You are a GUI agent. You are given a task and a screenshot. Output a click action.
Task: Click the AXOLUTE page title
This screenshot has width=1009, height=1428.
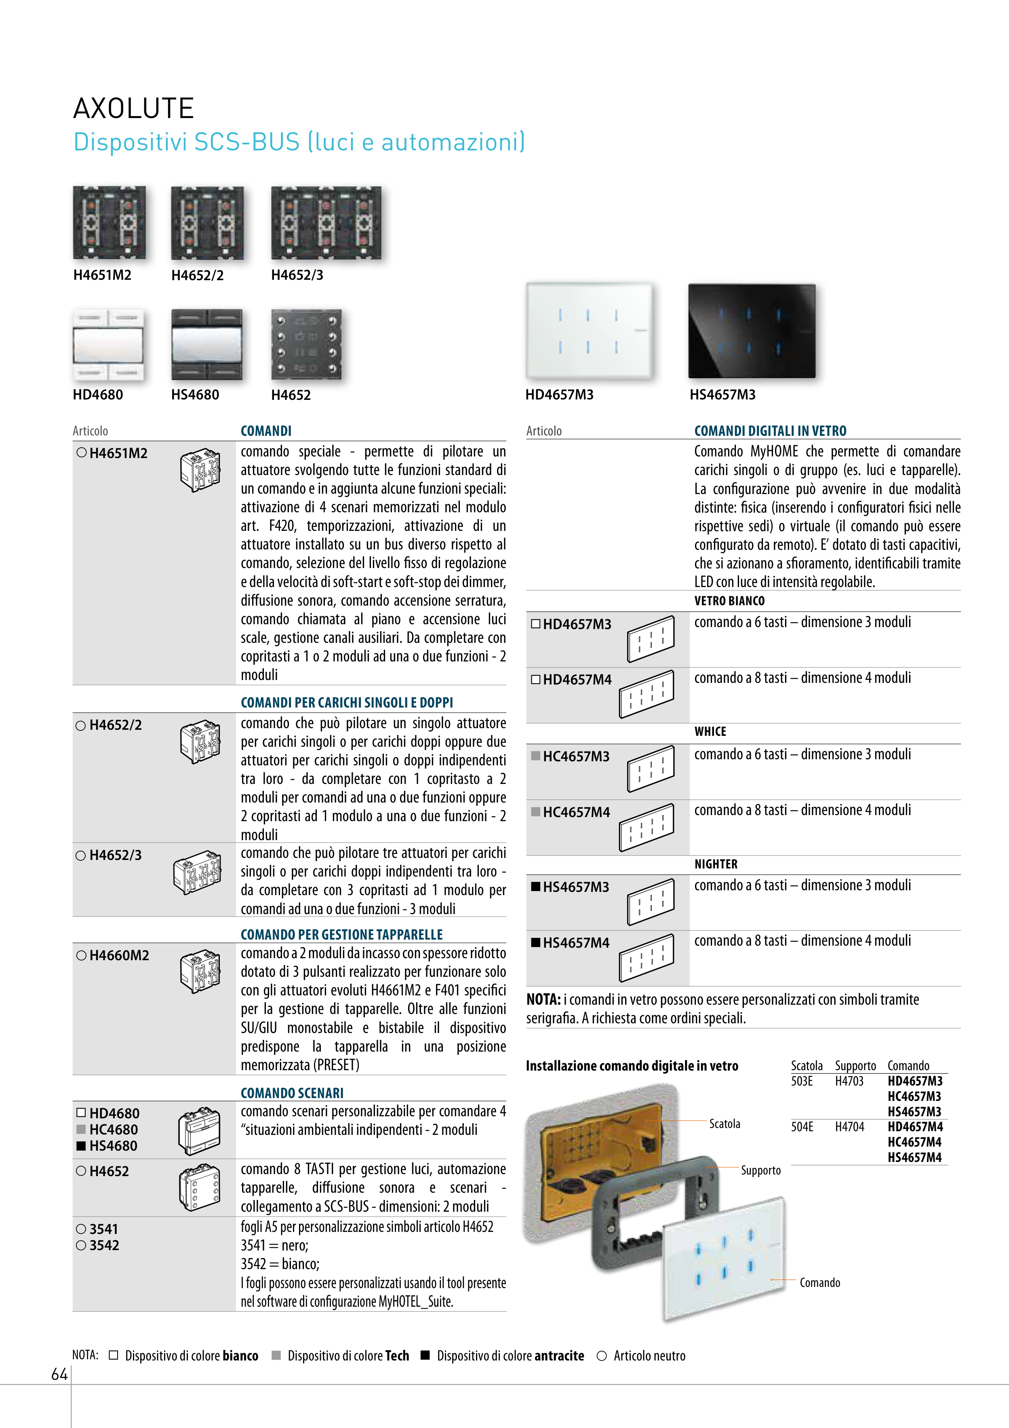134,108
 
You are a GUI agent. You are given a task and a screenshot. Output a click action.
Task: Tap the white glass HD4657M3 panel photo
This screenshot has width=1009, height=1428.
589,330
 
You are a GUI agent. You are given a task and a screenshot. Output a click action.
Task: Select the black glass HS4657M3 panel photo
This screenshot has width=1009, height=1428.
752,330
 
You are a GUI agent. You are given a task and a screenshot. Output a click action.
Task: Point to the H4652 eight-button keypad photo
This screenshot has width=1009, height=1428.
306,344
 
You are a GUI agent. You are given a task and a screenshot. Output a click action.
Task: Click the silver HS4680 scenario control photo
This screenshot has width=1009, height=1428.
207,344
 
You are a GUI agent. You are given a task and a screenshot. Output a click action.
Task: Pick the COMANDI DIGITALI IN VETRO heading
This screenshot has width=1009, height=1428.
770,431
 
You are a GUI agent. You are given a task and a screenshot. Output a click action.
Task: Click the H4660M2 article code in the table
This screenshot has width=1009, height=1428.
119,955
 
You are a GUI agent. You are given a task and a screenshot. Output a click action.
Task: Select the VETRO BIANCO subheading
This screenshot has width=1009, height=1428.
729,601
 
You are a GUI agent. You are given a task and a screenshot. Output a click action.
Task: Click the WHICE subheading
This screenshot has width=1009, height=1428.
710,731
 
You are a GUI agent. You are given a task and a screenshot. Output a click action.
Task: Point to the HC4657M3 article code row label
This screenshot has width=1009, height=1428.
576,756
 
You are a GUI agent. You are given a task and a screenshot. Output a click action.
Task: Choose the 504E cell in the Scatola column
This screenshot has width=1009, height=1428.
802,1126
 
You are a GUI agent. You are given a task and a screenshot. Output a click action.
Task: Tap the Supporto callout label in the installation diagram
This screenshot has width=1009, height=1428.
760,1170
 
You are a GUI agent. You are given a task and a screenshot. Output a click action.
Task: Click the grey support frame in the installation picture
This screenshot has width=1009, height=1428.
647,1216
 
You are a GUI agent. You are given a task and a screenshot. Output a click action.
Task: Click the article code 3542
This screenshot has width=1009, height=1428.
104,1245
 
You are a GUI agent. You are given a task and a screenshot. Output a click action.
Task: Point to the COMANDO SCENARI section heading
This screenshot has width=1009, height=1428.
292,1093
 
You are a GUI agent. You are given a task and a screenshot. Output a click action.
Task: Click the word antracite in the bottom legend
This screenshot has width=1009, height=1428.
559,1356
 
